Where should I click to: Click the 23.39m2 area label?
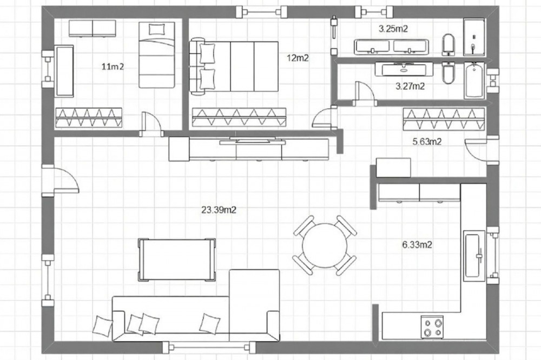219,210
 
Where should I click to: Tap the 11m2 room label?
113,66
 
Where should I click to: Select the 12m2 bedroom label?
298,58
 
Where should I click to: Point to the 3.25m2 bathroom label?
393,29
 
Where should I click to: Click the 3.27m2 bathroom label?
410,86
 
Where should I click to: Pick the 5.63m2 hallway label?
427,142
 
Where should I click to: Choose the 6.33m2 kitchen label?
417,245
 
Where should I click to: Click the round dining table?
325,245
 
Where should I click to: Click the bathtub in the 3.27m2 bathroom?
474,80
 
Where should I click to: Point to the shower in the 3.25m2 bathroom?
474,37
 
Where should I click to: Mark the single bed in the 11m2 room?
157,55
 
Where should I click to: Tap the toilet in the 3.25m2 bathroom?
448,45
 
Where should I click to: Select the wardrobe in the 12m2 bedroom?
239,117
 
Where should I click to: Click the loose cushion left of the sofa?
103,325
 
